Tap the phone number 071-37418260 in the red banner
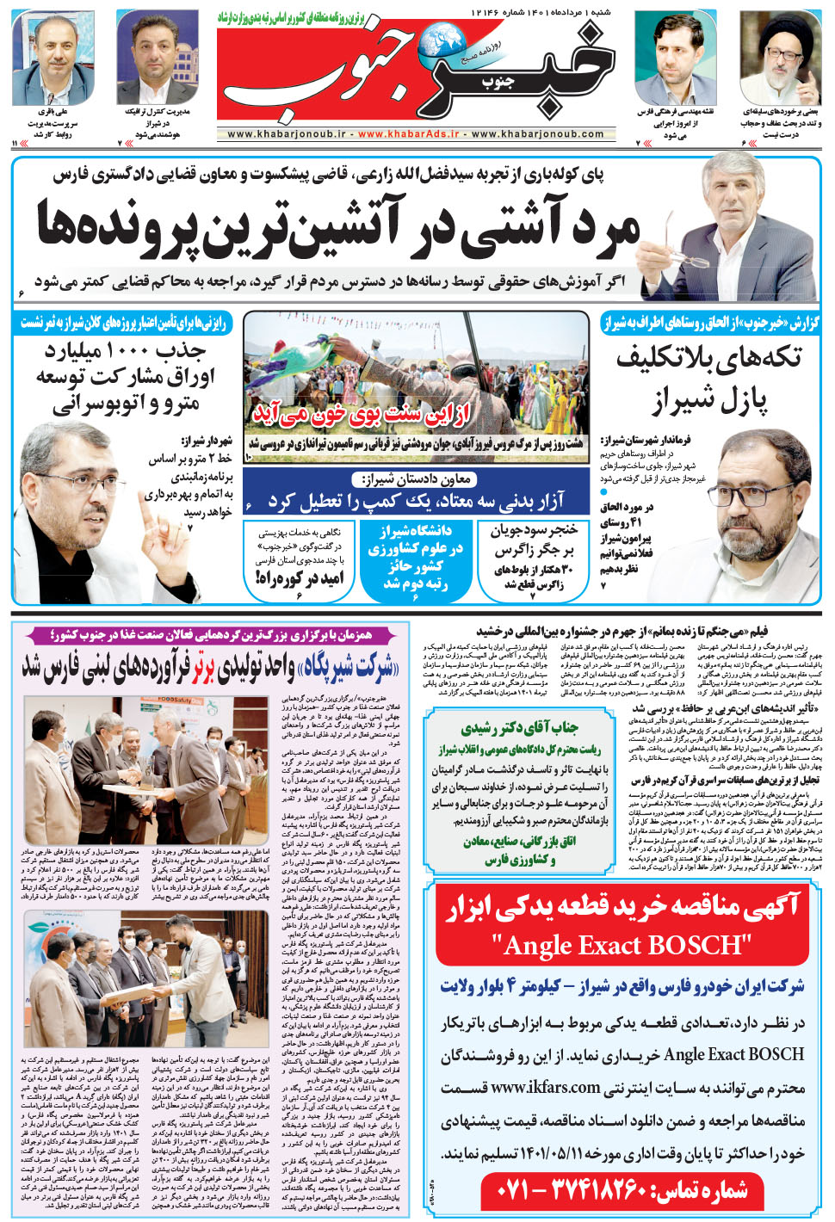point(622,1192)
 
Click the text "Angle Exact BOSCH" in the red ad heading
point(622,945)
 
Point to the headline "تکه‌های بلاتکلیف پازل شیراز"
point(708,379)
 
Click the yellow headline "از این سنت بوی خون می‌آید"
point(362,415)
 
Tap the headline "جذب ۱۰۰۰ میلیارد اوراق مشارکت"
point(126,377)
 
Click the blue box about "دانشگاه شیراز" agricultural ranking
point(416,557)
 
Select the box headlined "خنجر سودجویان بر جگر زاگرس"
point(533,557)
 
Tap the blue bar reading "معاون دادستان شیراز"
point(416,480)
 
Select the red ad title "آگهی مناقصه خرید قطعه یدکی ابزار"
point(622,906)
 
